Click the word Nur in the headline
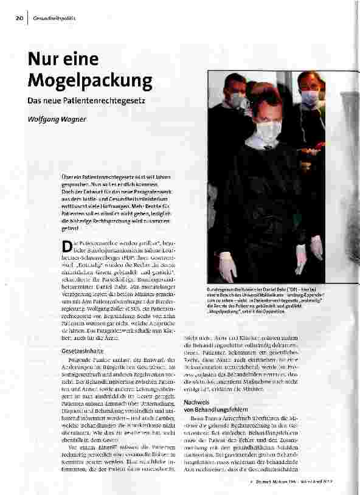[44, 60]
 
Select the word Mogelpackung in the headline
[89, 80]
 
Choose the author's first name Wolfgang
[46, 119]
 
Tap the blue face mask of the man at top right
[311, 97]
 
